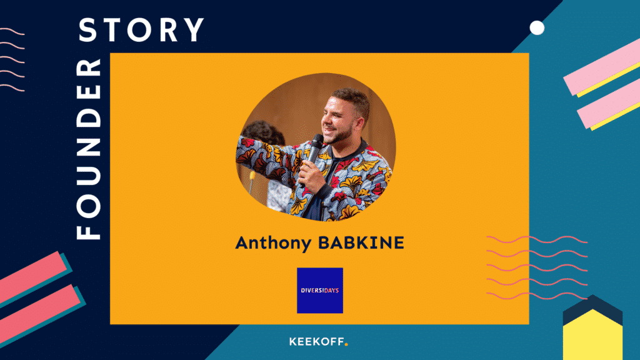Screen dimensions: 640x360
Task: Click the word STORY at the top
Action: click(x=141, y=30)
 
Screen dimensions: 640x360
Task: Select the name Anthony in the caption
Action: click(x=273, y=243)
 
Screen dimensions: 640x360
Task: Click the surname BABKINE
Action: click(x=361, y=243)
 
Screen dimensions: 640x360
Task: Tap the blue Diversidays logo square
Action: click(x=320, y=291)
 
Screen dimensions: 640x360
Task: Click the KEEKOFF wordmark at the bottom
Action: click(x=317, y=342)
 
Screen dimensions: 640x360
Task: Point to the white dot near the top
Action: click(x=537, y=28)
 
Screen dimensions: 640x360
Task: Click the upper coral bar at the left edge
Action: click(x=32, y=277)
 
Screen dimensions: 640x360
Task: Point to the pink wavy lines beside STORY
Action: click(x=12, y=59)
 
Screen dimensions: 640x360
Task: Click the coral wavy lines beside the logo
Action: click(x=537, y=267)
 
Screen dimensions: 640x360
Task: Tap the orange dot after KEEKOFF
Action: click(x=346, y=344)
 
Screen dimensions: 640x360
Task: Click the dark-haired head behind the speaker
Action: click(x=263, y=133)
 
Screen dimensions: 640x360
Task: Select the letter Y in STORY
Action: click(x=194, y=30)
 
